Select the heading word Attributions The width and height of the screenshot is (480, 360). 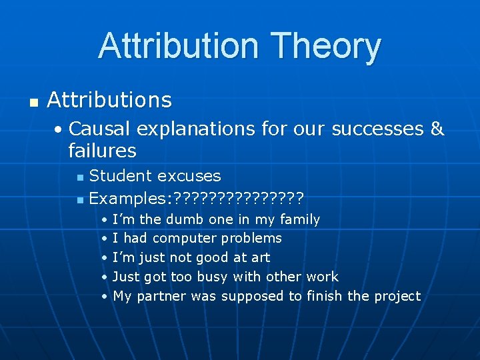coord(109,100)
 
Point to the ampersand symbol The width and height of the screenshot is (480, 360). coord(437,128)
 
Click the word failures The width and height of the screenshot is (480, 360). coord(102,150)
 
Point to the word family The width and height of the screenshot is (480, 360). coord(300,219)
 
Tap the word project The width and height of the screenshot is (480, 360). coord(397,296)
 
